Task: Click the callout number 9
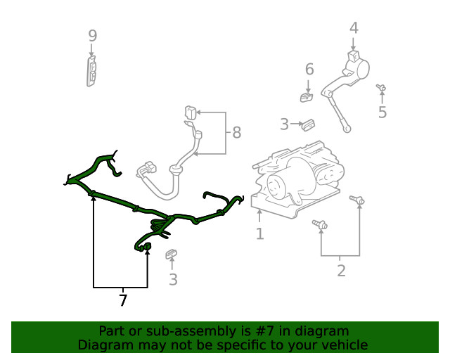(92, 35)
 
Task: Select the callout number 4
(354, 28)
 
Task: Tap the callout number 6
(309, 69)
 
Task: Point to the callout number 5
(382, 112)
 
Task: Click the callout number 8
(236, 131)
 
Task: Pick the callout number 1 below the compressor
(259, 233)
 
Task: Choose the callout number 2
(341, 271)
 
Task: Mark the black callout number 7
(123, 301)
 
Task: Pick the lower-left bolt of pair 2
(321, 224)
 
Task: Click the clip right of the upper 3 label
(307, 124)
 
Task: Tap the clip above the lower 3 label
(171, 254)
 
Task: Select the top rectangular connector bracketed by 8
(190, 112)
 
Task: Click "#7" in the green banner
(267, 331)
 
